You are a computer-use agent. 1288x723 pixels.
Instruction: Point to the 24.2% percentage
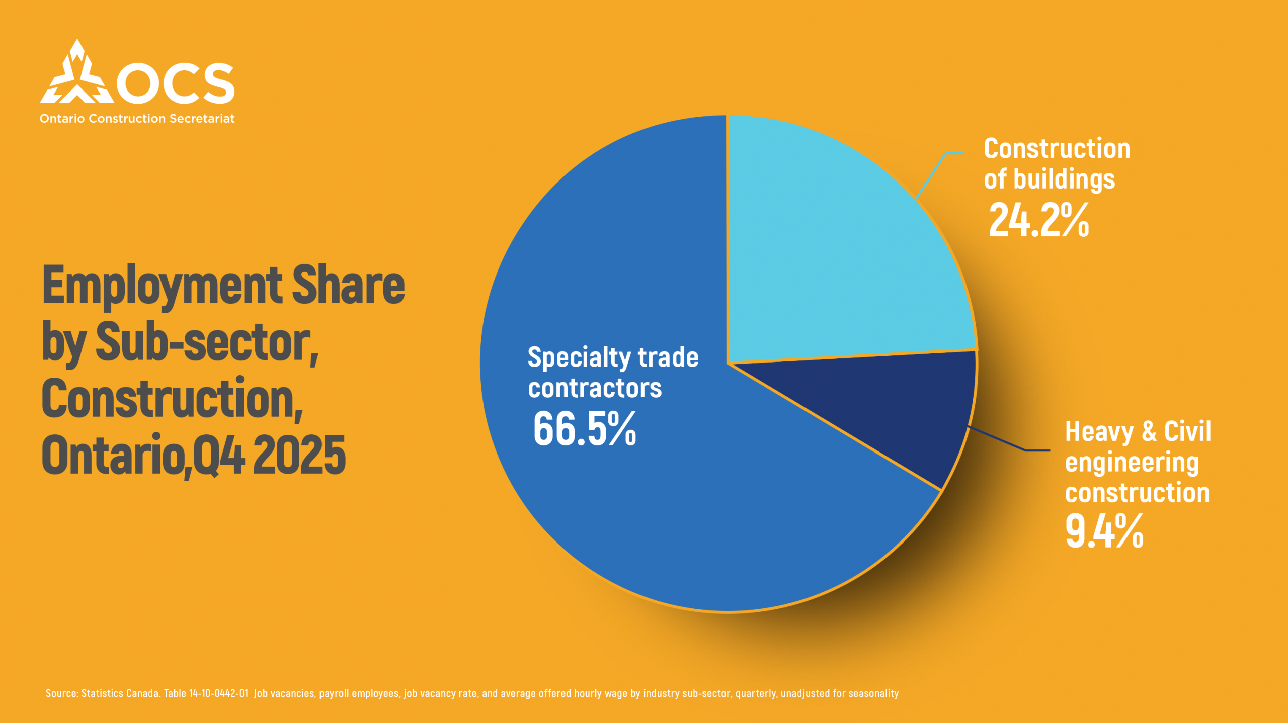[x=1038, y=220]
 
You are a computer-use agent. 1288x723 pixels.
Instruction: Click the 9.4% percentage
[x=1104, y=531]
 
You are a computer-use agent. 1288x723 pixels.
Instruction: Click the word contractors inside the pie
[x=595, y=388]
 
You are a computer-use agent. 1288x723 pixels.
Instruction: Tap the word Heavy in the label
[x=1099, y=432]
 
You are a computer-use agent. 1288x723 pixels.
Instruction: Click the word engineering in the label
[x=1132, y=463]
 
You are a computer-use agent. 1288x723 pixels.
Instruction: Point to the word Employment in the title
[x=162, y=286]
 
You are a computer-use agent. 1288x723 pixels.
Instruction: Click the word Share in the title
[x=348, y=286]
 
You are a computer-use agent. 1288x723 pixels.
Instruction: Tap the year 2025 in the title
[x=299, y=456]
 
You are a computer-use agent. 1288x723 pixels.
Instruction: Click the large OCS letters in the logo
[x=176, y=83]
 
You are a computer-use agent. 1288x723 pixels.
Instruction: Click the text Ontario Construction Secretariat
[x=137, y=119]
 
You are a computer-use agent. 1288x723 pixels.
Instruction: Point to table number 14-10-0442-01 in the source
[x=218, y=693]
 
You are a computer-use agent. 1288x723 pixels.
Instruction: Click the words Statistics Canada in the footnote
[x=121, y=693]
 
